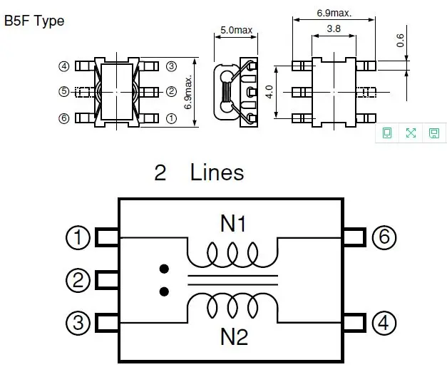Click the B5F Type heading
tap(34, 21)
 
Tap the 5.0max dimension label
tap(236, 30)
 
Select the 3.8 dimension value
tap(334, 29)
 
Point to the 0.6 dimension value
tap(400, 40)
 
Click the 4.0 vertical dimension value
tap(269, 92)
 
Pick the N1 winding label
tap(233, 224)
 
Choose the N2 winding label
tap(234, 337)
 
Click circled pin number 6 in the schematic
tap(384, 237)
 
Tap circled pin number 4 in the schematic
tap(384, 323)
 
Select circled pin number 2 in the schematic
tap(78, 280)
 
